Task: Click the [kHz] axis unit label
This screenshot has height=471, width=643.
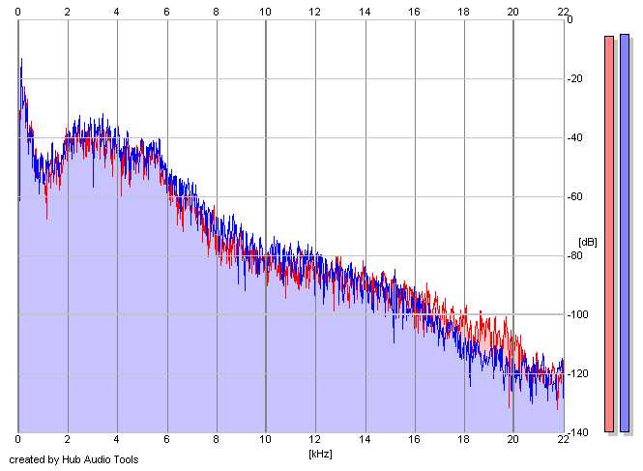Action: tap(320, 453)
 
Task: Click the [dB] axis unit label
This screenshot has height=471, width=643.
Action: tap(588, 241)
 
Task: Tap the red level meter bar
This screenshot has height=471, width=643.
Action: tap(609, 233)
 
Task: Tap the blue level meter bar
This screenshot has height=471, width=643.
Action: tap(625, 232)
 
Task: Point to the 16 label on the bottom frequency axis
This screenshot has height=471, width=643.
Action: tap(414, 441)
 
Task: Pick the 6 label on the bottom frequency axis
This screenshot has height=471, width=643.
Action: tap(166, 441)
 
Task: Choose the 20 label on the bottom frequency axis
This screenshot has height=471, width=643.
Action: tap(512, 441)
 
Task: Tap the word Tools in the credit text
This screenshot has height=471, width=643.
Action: tap(124, 459)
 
